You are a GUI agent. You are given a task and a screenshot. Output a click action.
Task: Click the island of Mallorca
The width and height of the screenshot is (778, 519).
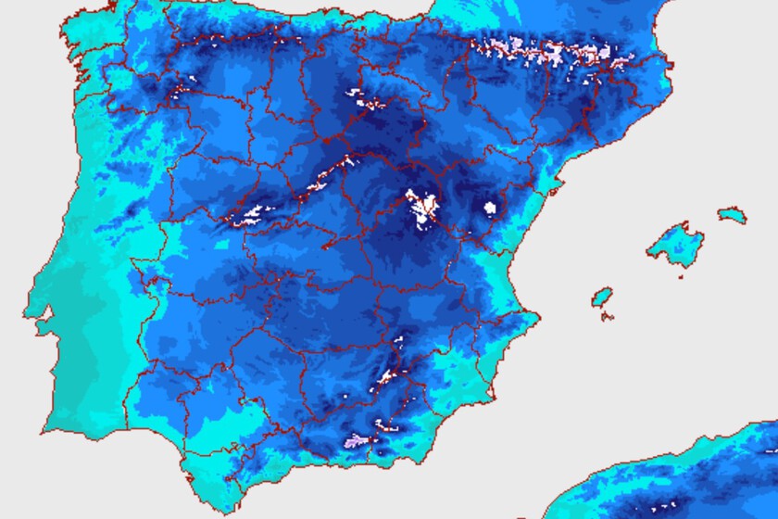[673, 244]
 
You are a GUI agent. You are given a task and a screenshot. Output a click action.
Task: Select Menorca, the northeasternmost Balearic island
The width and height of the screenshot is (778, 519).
[732, 215]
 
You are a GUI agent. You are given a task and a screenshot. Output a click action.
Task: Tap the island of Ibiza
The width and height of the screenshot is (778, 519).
[602, 297]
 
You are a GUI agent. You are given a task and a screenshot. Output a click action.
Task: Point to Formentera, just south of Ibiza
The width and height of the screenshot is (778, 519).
[608, 316]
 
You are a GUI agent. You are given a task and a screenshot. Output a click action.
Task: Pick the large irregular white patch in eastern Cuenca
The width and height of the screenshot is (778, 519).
[423, 209]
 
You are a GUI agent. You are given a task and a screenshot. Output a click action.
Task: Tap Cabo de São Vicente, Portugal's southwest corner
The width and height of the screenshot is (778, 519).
[43, 432]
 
